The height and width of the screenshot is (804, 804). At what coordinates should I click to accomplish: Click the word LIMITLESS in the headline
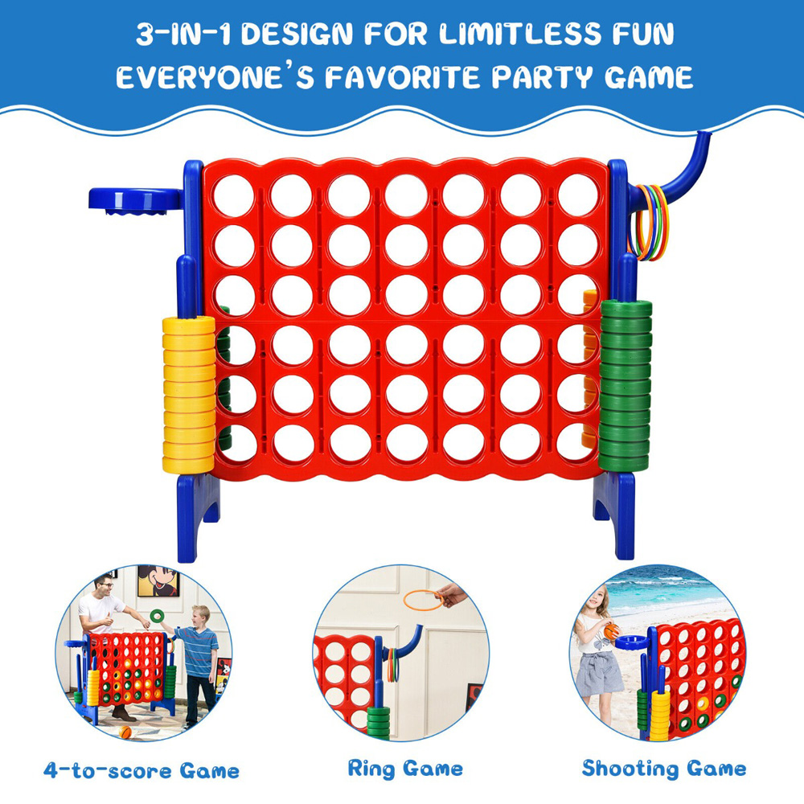(x=519, y=34)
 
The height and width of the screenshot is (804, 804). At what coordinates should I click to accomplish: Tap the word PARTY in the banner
(x=542, y=77)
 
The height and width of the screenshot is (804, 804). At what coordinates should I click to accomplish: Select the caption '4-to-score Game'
(x=142, y=770)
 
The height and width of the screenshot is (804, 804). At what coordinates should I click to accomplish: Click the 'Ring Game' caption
(x=405, y=769)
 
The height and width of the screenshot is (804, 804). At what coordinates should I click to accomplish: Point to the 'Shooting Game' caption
(x=664, y=769)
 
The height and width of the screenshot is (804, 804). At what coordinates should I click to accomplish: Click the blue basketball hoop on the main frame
(x=136, y=200)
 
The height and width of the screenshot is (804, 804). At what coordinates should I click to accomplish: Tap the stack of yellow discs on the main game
(x=189, y=394)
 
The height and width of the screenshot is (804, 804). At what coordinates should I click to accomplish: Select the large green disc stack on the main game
(x=625, y=386)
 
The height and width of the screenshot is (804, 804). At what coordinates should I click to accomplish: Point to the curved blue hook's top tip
(x=703, y=133)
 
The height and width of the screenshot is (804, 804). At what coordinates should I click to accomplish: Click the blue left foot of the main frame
(x=197, y=517)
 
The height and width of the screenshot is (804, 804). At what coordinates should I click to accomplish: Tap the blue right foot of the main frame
(x=615, y=515)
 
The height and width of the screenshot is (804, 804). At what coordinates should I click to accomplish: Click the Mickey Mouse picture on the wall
(x=158, y=580)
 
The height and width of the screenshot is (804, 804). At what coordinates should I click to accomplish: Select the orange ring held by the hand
(x=423, y=600)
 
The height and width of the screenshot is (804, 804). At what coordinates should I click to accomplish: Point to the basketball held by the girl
(x=611, y=631)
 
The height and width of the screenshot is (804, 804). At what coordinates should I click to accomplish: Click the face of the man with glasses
(x=105, y=586)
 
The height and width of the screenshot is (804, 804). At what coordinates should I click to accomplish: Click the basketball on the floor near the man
(x=125, y=732)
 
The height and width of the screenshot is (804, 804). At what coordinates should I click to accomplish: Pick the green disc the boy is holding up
(x=157, y=615)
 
